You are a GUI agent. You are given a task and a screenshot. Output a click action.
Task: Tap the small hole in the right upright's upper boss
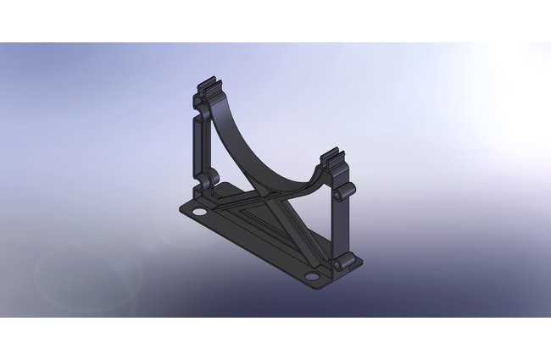coord(337,195)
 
